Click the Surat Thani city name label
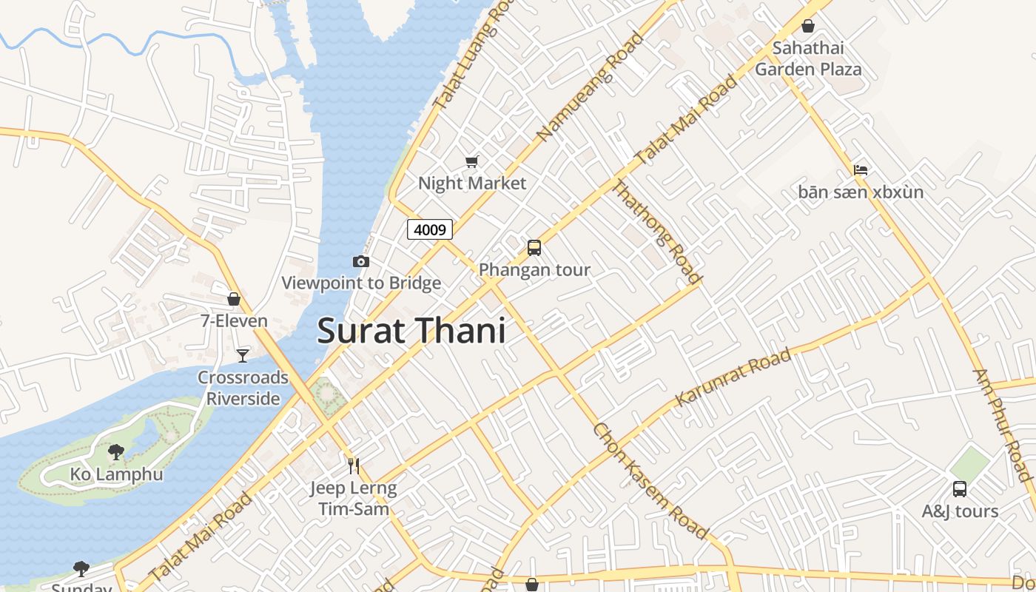pos(411,330)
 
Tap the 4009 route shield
pos(430,229)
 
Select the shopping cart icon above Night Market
pos(471,161)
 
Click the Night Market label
pos(472,183)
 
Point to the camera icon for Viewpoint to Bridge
pos(361,261)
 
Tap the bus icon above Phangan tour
pos(534,248)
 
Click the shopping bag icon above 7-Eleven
pos(234,299)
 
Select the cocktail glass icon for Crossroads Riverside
pos(243,356)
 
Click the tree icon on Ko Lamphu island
pos(116,451)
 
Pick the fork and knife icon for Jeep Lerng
pos(354,465)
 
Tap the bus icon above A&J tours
pos(960,489)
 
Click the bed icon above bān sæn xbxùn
pos(861,170)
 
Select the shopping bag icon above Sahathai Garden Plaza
pos(808,27)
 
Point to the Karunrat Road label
pos(733,377)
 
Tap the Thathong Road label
pos(655,231)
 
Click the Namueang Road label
pos(591,87)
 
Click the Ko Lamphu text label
pos(116,474)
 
